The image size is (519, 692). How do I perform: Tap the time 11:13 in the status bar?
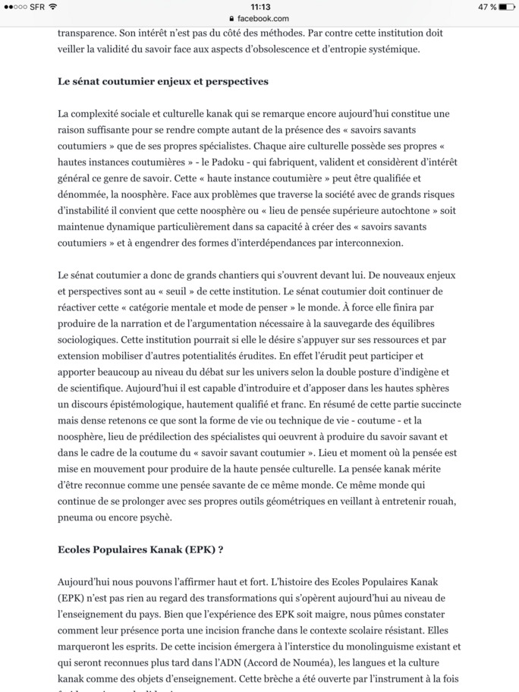click(x=259, y=7)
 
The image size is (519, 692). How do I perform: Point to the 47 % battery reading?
click(x=487, y=7)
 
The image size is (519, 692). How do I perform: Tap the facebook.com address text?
click(x=263, y=18)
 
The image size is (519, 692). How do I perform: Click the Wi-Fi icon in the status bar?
click(x=53, y=7)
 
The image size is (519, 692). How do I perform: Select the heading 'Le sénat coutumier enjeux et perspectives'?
click(x=163, y=81)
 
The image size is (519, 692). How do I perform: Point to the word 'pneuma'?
click(x=77, y=517)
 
